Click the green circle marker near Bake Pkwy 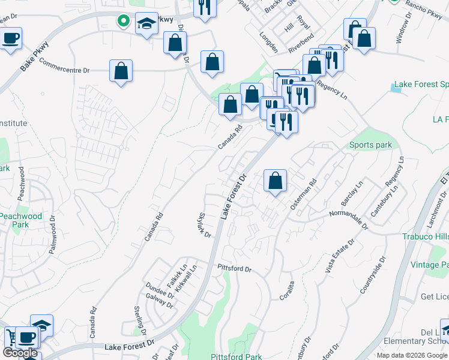click(124, 22)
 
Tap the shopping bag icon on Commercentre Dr click(121, 71)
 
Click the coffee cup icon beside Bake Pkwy click(11, 39)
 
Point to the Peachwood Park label click(21, 220)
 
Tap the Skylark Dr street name click(205, 225)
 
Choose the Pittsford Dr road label click(234, 268)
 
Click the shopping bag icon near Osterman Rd click(275, 181)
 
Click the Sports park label click(370, 145)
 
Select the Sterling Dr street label click(140, 319)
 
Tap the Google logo click(20, 353)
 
